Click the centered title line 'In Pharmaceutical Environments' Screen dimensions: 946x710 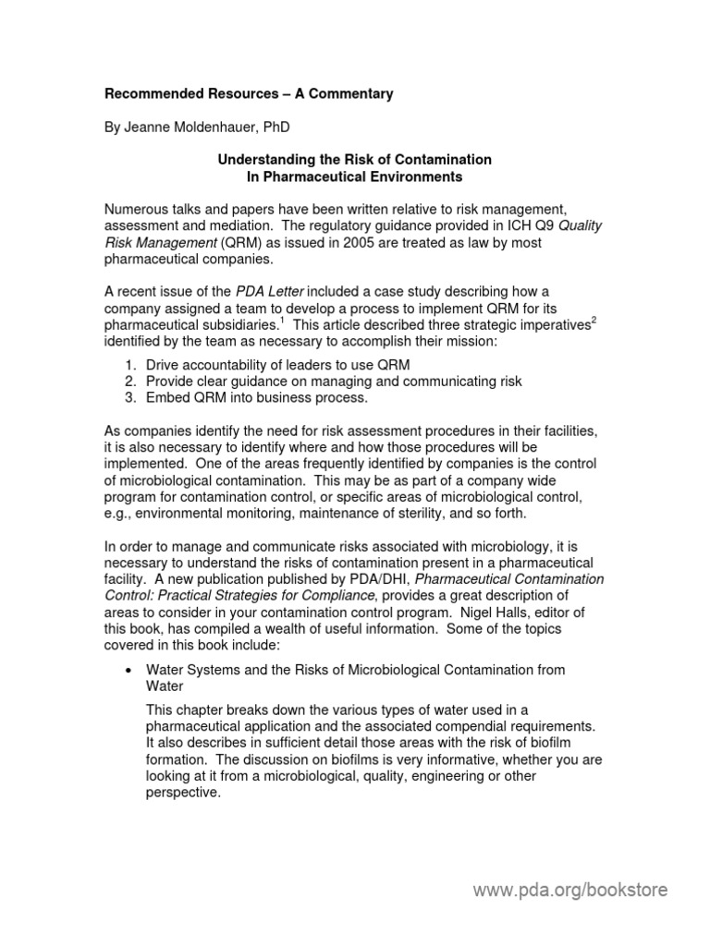(354, 176)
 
